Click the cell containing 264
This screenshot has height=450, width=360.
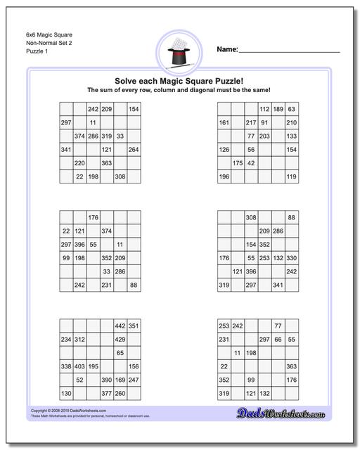click(134, 150)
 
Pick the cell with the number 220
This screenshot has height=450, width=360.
click(79, 163)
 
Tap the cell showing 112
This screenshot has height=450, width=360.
click(264, 109)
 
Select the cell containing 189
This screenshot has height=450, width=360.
click(278, 109)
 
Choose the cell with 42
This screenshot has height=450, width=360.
click(251, 163)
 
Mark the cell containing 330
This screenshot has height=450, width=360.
click(291, 258)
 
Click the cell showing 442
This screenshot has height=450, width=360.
click(120, 326)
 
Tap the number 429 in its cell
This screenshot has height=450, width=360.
click(120, 340)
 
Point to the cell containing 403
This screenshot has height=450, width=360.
click(79, 366)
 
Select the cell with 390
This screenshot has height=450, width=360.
click(106, 380)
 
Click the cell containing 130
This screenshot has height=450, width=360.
click(66, 393)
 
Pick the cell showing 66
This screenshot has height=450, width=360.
click(278, 340)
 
